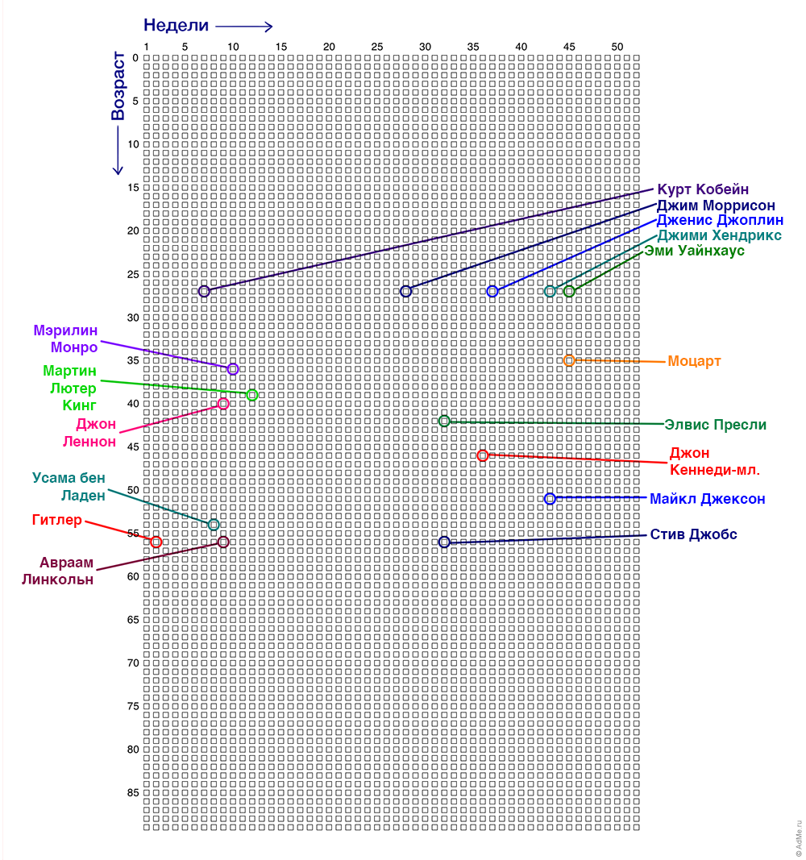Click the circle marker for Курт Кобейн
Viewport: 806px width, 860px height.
[204, 291]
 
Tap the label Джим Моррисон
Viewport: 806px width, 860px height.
[716, 206]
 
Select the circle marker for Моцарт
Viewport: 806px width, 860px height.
[569, 360]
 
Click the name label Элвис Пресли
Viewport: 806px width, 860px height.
[715, 424]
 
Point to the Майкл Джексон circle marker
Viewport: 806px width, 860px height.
[550, 499]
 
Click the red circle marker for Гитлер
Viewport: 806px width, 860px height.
[156, 542]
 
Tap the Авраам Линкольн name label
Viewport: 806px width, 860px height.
[57, 571]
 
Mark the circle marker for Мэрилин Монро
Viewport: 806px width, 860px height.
[233, 369]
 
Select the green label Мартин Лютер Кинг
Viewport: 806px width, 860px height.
[69, 388]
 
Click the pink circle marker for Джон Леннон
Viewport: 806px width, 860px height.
[223, 404]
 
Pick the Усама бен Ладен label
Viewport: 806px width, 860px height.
[69, 487]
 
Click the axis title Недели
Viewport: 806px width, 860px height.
[176, 25]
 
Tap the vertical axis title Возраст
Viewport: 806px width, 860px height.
[118, 86]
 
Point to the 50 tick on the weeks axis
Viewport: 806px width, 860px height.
[617, 47]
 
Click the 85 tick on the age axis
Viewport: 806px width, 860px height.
[134, 793]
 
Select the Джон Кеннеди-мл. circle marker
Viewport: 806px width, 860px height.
[483, 455]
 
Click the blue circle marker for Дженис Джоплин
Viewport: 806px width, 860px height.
[492, 291]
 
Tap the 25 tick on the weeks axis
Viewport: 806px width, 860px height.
[377, 47]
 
